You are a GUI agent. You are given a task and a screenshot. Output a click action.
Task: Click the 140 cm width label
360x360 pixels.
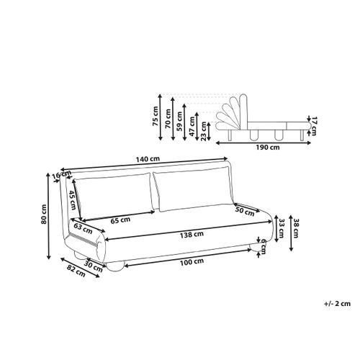pos(148,159)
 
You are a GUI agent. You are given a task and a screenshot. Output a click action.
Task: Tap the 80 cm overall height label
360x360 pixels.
pos(44,214)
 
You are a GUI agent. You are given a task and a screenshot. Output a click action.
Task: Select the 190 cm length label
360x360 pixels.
pos(268,147)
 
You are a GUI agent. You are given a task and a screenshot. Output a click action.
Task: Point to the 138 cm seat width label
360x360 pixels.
pos(192,235)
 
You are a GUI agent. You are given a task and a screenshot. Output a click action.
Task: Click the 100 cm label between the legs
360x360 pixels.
pos(192,262)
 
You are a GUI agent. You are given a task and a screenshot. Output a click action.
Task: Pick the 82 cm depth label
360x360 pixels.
pos(76,271)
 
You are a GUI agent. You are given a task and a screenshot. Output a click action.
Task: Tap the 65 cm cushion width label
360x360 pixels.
pos(120,220)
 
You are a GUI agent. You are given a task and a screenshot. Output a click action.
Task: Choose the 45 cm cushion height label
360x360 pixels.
pos(73,199)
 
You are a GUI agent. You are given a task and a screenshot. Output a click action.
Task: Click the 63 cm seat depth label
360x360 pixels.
pos(83,228)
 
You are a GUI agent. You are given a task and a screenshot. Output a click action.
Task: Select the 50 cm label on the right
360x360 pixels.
pos(245,211)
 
